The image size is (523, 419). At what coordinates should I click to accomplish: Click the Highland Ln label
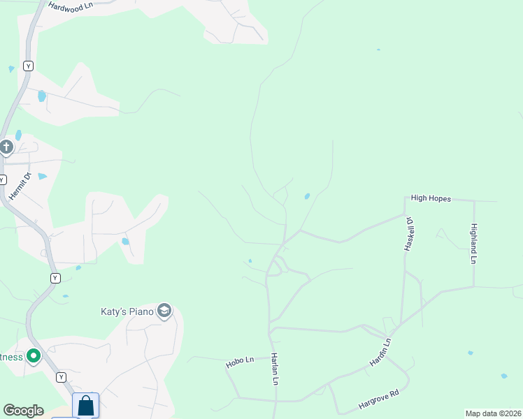(473, 243)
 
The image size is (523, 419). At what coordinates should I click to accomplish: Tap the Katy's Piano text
(126, 311)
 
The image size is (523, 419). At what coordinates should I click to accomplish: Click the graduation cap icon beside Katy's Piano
(164, 311)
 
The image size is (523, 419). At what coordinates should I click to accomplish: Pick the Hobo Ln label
(238, 363)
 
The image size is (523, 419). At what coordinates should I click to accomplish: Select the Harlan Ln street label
(275, 369)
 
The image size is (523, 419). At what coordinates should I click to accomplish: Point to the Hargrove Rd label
(378, 400)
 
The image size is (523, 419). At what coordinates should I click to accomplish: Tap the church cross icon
(6, 147)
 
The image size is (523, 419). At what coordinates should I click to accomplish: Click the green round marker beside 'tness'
(33, 357)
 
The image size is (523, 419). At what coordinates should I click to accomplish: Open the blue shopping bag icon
(85, 405)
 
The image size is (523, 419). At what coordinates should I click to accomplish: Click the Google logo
(23, 411)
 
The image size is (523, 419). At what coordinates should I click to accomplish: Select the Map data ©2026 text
(492, 413)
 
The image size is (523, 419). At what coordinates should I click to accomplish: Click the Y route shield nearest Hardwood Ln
(28, 66)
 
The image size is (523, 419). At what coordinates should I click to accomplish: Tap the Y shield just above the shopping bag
(62, 377)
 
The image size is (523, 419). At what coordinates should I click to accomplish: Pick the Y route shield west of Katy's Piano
(55, 278)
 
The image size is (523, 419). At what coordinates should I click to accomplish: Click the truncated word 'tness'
(11, 357)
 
